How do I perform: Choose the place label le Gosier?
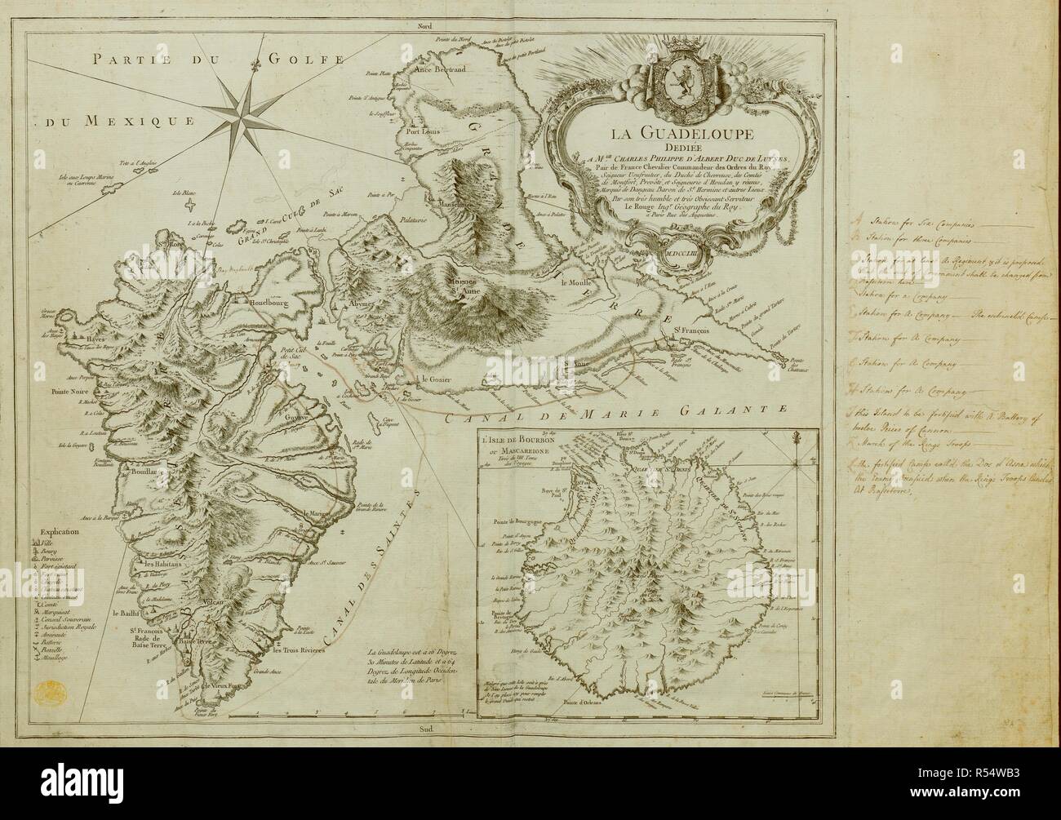(436, 379)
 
